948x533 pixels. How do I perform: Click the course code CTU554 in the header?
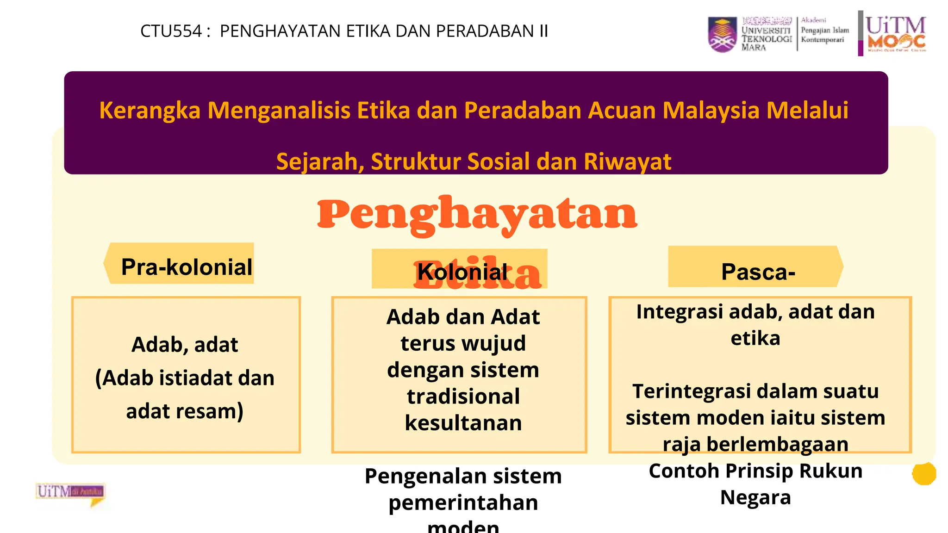171,31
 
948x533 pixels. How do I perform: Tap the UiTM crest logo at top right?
722,34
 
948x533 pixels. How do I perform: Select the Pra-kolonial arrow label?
186,267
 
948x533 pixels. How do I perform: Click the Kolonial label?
462,272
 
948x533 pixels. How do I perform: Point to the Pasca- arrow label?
758,272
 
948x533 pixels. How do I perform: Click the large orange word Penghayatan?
477,214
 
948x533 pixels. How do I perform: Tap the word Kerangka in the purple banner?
150,111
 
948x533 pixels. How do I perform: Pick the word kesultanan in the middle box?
463,423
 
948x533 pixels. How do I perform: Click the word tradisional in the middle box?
463,397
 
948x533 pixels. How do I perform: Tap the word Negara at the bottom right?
755,497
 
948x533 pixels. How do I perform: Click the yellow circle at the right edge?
923,474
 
